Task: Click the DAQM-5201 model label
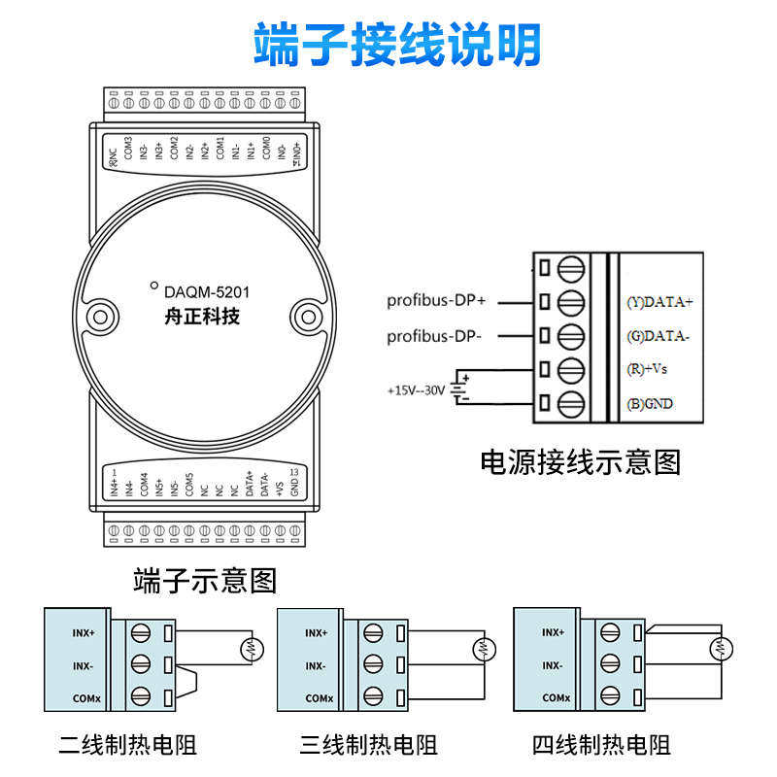pyautogui.click(x=206, y=290)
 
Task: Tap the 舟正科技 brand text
pyautogui.click(x=202, y=316)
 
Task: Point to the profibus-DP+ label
pyautogui.click(x=435, y=301)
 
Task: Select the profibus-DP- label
pyautogui.click(x=433, y=336)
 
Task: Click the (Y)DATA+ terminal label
pyautogui.click(x=660, y=302)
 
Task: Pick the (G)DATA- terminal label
pyautogui.click(x=659, y=336)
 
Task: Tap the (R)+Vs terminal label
pyautogui.click(x=647, y=369)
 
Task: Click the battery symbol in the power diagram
pyautogui.click(x=462, y=388)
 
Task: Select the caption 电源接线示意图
pyautogui.click(x=581, y=461)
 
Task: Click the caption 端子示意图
pyautogui.click(x=205, y=581)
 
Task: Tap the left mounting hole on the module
pyautogui.click(x=100, y=316)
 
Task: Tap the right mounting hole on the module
pyautogui.click(x=307, y=316)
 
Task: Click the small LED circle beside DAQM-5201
pyautogui.click(x=153, y=286)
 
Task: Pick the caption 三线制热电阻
pyautogui.click(x=369, y=745)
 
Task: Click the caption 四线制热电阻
pyautogui.click(x=601, y=745)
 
